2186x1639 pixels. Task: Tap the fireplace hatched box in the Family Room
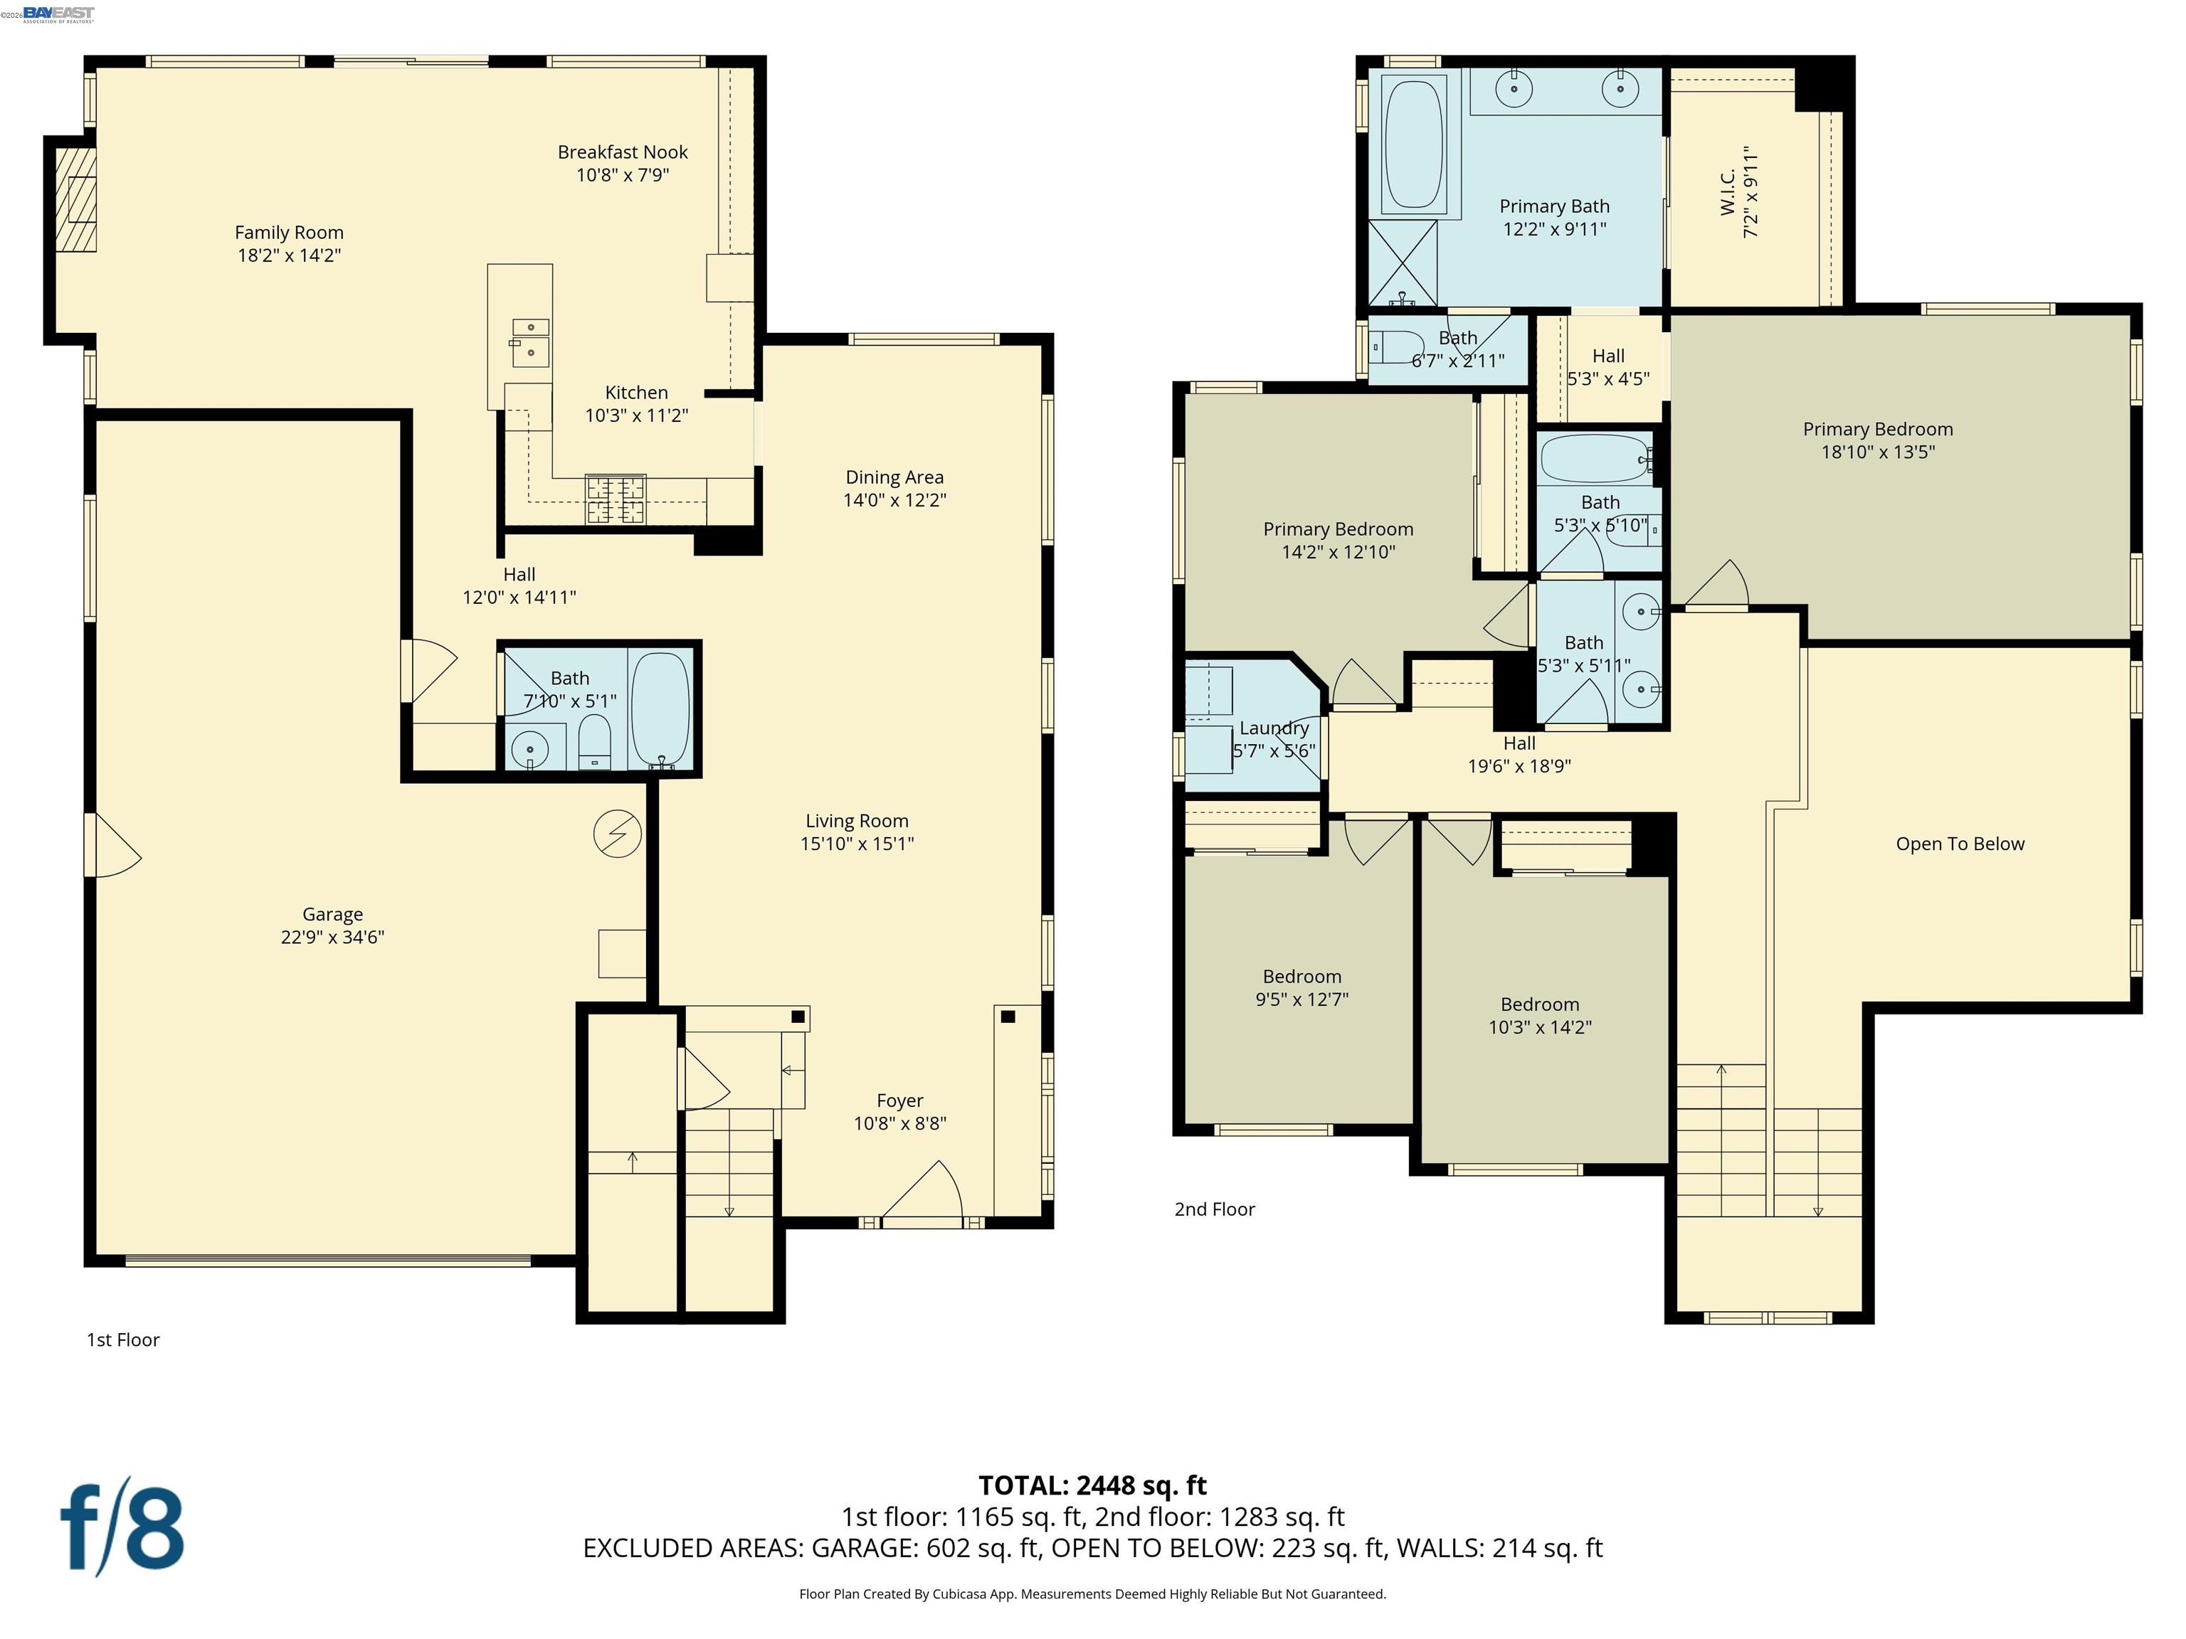pos(75,200)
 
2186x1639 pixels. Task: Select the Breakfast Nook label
pos(623,152)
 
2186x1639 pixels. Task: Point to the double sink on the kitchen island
pos(529,339)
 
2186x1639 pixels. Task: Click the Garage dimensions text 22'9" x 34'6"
pos(332,938)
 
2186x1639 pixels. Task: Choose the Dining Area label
pos(894,478)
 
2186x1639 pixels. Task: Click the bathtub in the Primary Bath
pos(1414,144)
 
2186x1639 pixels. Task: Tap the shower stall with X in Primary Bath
pos(1403,262)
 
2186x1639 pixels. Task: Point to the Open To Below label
pos(1960,844)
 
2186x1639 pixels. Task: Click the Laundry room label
pos(1274,728)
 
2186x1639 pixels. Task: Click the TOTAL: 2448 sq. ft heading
pos(1092,1485)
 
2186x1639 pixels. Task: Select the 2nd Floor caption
pos(1215,1209)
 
